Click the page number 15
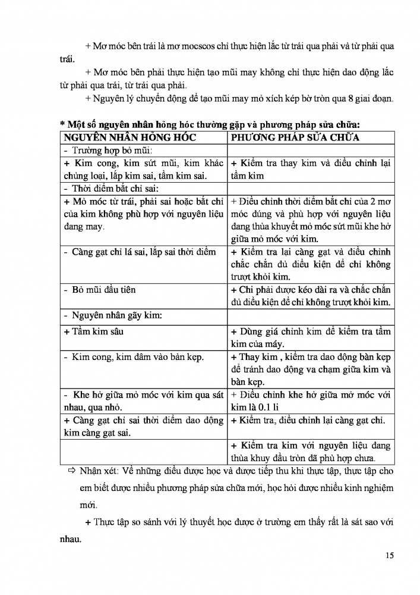pos(390,556)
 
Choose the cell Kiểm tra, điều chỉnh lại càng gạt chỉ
pos(308,421)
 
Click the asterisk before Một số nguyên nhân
pos(62,125)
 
